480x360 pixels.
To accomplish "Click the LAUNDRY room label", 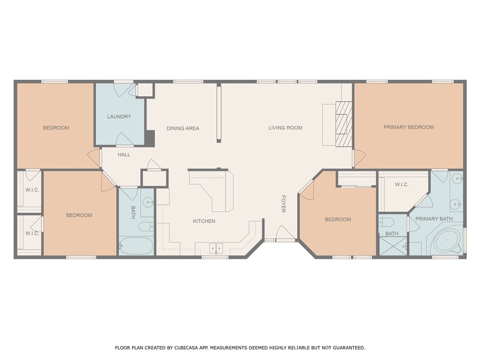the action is click(119, 117).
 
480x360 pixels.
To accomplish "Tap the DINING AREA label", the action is click(183, 128).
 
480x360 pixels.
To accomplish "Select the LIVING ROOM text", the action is click(285, 128).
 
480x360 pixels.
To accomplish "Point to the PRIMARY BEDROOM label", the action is click(409, 127).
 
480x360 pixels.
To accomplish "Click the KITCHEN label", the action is click(204, 221).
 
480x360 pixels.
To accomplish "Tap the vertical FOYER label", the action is click(284, 204).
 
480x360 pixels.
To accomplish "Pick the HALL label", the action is click(124, 155).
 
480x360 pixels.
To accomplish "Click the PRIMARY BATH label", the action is click(434, 219).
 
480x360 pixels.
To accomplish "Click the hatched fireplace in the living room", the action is click(344, 124).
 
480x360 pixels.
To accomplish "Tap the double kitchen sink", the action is click(216, 248).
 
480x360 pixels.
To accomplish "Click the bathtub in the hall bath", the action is click(136, 246).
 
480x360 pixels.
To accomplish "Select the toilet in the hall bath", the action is click(146, 226).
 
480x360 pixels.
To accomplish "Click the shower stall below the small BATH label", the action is click(393, 246).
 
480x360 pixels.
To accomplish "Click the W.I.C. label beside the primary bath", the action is click(401, 185).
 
